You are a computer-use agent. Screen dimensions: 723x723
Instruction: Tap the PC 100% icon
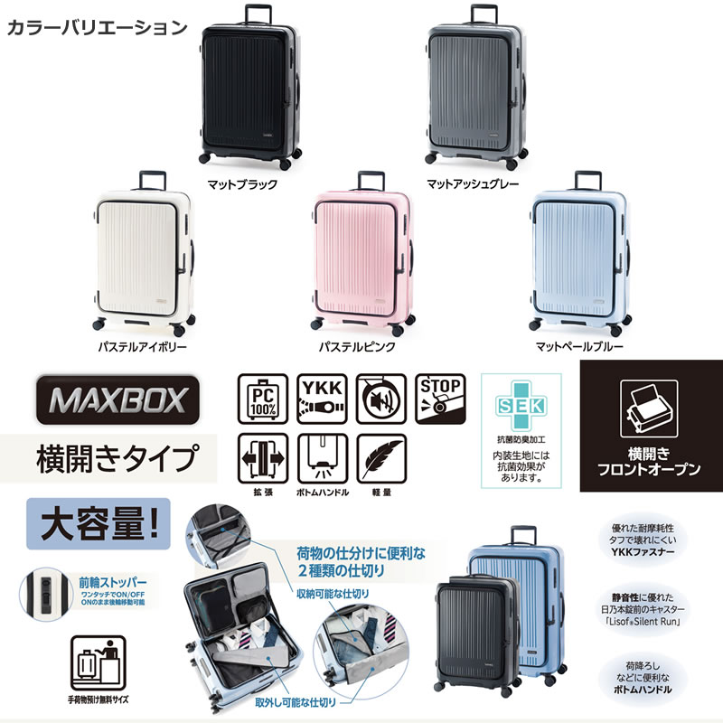pos(263,399)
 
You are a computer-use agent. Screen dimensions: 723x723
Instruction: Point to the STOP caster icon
pos(441,399)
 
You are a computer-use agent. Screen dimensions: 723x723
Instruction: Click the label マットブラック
pos(240,183)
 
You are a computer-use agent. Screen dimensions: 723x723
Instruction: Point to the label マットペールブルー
pos(580,346)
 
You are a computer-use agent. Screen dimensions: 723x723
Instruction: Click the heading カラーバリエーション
pos(97,26)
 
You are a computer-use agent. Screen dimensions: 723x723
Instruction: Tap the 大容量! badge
pos(99,523)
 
